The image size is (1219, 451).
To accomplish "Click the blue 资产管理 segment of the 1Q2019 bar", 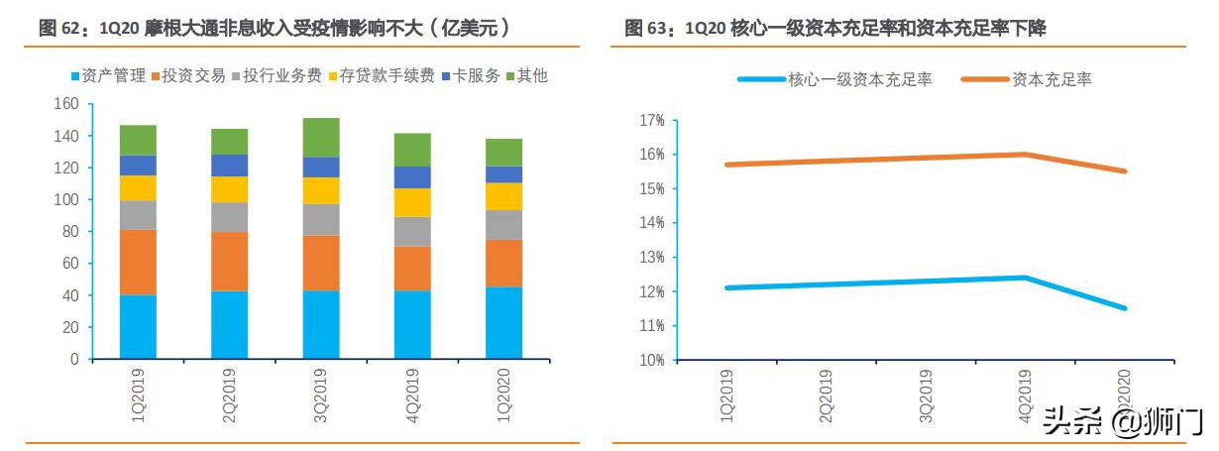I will tap(138, 326).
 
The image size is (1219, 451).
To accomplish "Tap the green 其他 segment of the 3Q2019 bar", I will tap(321, 138).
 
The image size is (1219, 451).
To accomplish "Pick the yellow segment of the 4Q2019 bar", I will tap(412, 202).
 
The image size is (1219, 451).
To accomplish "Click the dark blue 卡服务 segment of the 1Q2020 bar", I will tap(503, 174).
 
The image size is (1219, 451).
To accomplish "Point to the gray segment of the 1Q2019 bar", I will tap(138, 215).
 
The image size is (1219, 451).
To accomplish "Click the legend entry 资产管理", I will tap(109, 75).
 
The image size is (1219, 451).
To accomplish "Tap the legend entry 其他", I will tap(525, 75).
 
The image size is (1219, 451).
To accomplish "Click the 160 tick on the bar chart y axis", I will tap(65, 103).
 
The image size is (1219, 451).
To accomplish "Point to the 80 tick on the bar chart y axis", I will tap(69, 231).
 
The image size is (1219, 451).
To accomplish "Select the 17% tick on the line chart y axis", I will tap(651, 120).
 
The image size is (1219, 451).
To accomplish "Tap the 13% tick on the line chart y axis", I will tap(651, 257).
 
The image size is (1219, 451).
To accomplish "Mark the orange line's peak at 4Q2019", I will tap(1025, 154).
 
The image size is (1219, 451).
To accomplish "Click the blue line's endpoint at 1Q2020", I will tap(1125, 308).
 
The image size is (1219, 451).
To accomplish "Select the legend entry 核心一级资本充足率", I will tap(834, 79).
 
